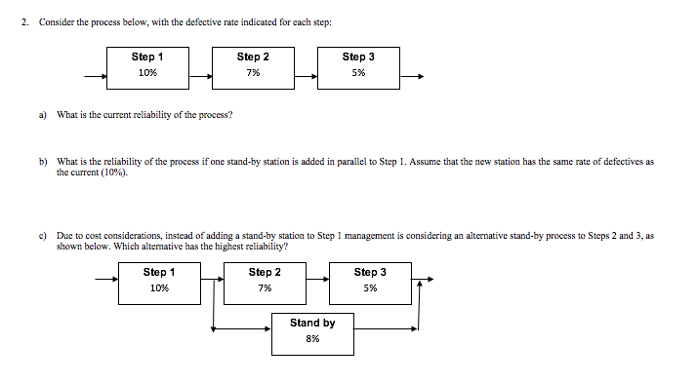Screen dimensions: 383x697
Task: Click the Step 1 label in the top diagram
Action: tap(147, 57)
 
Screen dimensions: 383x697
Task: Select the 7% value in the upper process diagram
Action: tap(253, 73)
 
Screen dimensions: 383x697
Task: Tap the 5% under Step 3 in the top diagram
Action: tap(358, 73)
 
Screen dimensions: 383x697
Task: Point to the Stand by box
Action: tap(312, 331)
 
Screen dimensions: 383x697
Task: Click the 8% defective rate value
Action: tap(312, 339)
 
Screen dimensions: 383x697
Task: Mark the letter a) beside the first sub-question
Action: tap(43, 114)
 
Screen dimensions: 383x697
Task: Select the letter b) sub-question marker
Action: tap(43, 161)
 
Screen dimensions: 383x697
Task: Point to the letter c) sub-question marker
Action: tap(43, 236)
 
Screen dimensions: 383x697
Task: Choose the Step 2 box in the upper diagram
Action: tap(253, 66)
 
